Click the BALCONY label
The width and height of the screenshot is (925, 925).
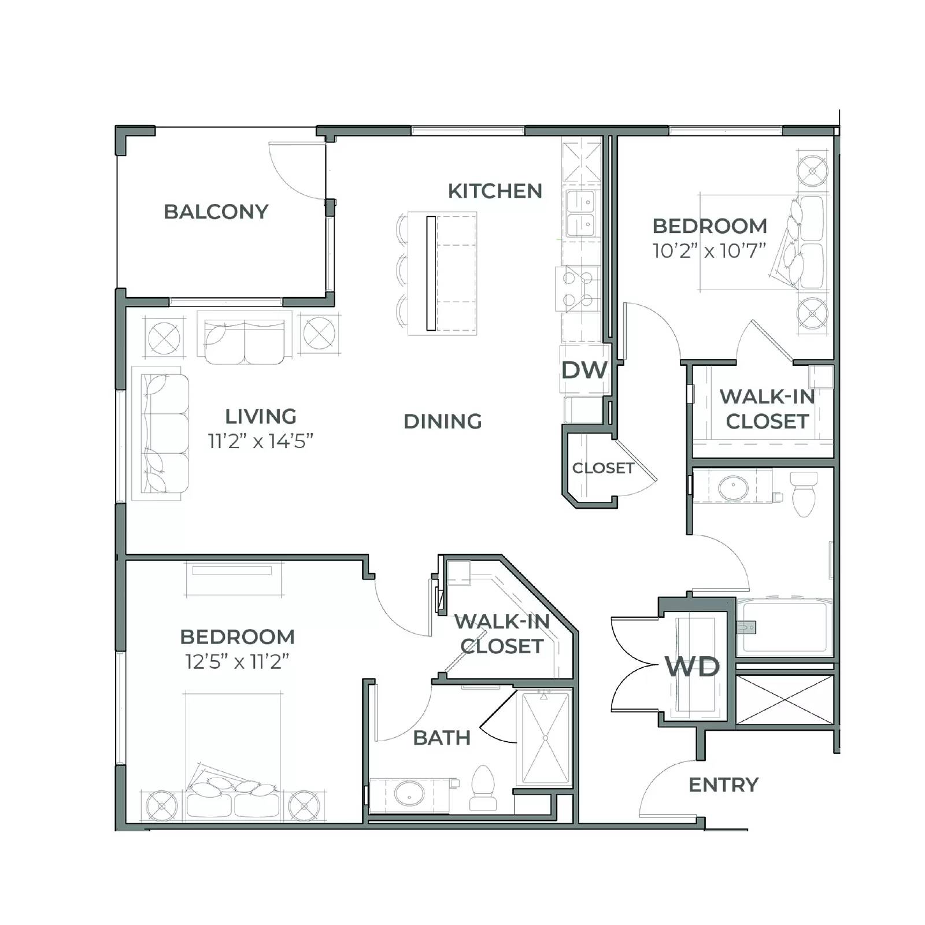coord(216,212)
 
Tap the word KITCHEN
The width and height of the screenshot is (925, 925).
coord(495,191)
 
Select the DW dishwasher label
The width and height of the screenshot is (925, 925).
coord(584,370)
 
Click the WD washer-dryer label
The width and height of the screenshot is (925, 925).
coord(692,667)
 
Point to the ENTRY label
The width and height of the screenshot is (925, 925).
coord(723,785)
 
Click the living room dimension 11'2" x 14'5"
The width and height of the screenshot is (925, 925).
coord(260,441)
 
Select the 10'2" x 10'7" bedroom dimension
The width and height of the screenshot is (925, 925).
coord(709,250)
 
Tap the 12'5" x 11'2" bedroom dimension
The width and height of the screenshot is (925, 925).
coord(237,661)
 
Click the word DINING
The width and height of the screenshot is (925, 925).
coord(442,421)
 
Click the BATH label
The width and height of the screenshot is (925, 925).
coord(442,738)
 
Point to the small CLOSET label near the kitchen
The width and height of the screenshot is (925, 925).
coord(603,468)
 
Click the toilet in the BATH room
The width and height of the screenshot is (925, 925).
coord(483,786)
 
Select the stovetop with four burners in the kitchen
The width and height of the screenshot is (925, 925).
coord(578,289)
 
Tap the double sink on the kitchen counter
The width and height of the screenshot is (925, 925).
coord(580,213)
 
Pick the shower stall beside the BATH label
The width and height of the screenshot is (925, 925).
coord(545,738)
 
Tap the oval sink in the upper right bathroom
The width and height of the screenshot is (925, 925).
coord(733,487)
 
